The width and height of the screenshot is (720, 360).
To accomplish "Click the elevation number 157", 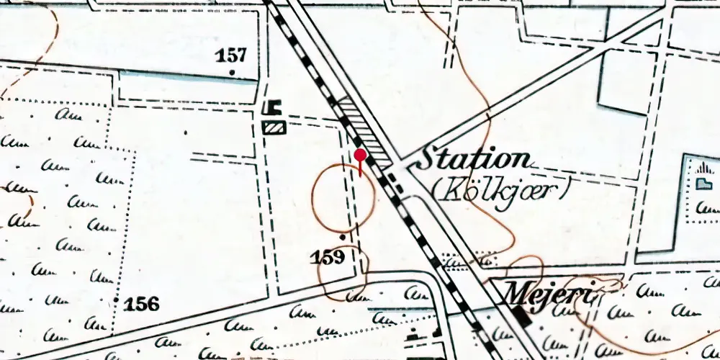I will (x=232, y=55).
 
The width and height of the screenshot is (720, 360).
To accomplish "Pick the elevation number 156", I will (x=141, y=304).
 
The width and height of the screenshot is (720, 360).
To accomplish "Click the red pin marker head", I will (x=361, y=154).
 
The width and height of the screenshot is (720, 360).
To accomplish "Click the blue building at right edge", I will (x=702, y=184).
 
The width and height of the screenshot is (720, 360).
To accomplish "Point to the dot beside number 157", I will (x=232, y=72).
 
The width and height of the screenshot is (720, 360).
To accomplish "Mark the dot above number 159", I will (x=342, y=236).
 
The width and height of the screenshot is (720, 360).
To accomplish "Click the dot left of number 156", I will (x=116, y=298).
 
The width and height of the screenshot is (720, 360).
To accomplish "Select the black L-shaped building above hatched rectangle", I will (x=271, y=108).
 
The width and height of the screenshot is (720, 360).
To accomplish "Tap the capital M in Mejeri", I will (x=516, y=292).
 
